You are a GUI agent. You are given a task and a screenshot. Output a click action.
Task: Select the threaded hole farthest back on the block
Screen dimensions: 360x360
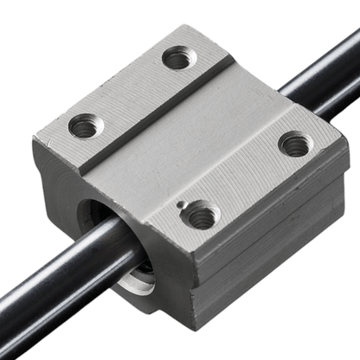click(x=178, y=58)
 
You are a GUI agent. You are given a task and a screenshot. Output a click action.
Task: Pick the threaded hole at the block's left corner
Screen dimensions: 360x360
click(x=84, y=126)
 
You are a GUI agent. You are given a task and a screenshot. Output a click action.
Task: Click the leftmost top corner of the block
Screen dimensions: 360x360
click(x=36, y=139)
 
